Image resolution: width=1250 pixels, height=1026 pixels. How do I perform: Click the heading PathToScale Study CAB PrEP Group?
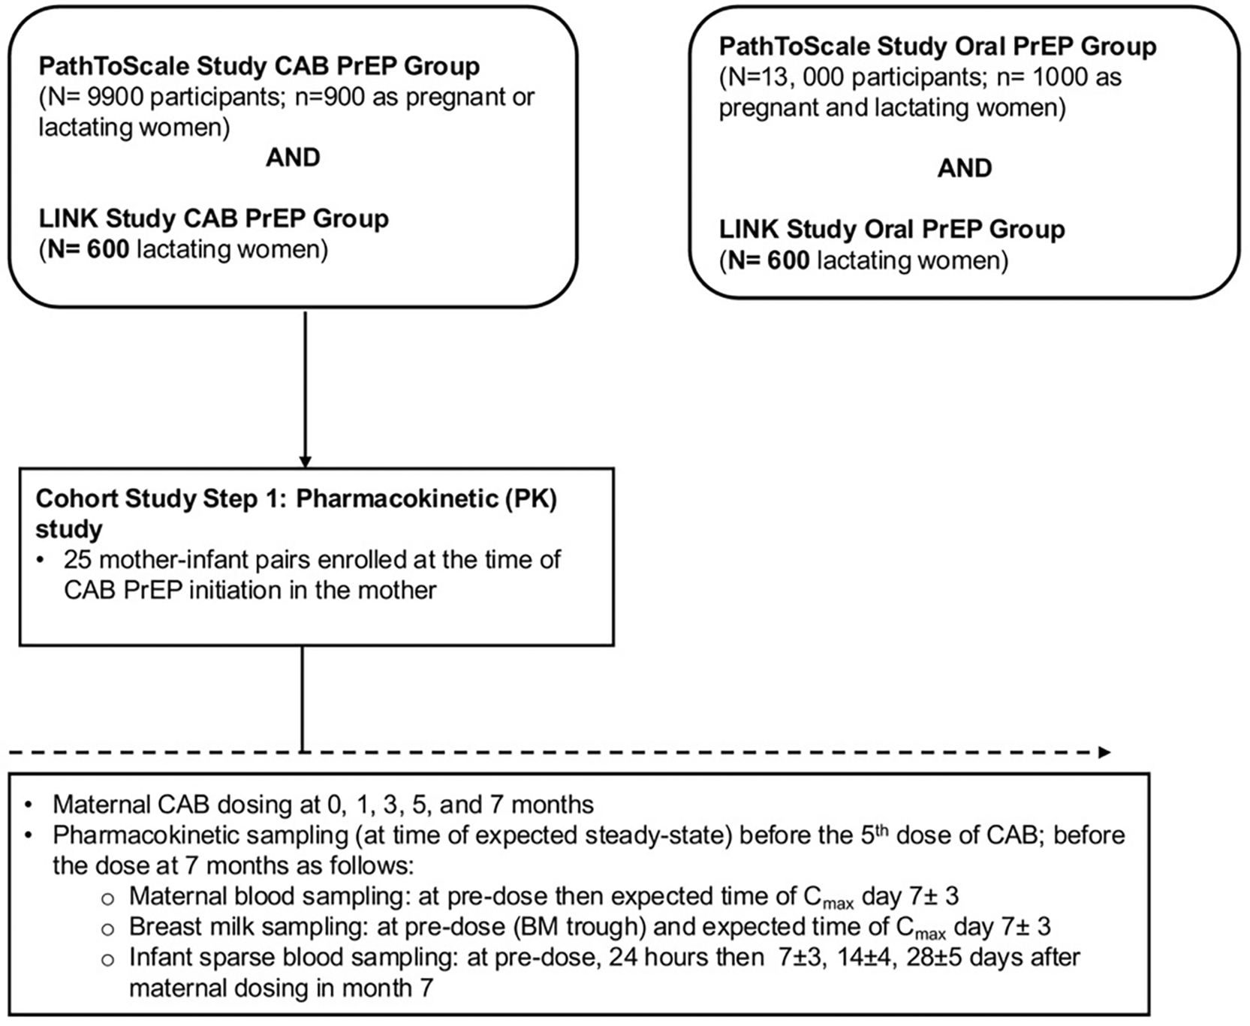[x=259, y=67]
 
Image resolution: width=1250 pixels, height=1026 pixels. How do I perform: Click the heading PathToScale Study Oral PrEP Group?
[x=938, y=47]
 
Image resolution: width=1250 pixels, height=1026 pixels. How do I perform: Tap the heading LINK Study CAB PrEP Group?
[x=214, y=219]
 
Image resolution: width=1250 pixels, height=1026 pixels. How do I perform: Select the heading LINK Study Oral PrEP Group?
[x=892, y=230]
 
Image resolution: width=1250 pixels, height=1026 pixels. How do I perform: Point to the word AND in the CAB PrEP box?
[x=293, y=158]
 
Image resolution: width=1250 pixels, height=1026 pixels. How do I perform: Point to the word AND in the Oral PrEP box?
[x=965, y=168]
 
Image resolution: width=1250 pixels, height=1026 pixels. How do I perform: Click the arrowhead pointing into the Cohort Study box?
[x=305, y=461]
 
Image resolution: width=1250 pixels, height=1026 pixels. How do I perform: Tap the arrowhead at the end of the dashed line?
[x=1104, y=752]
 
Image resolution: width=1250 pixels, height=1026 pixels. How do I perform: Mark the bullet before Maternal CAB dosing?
[x=29, y=805]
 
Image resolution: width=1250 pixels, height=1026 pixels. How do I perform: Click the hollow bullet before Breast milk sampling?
[x=108, y=928]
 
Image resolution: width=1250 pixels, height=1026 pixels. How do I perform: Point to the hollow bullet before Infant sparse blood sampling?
[x=108, y=959]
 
